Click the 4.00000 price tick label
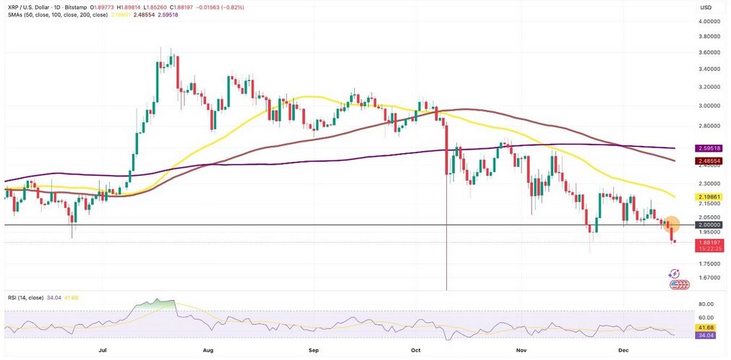coord(709,22)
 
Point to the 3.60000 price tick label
coord(709,53)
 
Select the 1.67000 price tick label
coord(709,278)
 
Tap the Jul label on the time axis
coord(103,349)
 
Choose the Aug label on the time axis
coord(208,349)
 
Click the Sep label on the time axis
coord(313,349)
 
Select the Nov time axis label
coord(521,349)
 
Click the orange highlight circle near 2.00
coord(670,225)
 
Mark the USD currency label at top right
coord(706,7)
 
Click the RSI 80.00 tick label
coord(707,304)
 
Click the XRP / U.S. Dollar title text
coord(36,7)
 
